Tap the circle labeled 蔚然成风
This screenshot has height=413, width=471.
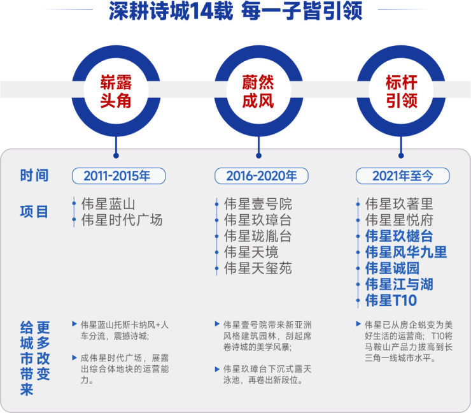(258, 91)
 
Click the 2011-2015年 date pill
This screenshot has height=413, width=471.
(119, 176)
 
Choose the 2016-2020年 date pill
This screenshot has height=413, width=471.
(262, 176)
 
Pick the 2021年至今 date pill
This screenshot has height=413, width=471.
(403, 176)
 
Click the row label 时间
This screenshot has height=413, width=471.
(34, 176)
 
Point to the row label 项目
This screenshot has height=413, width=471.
(34, 212)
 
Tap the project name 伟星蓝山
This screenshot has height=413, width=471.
(108, 205)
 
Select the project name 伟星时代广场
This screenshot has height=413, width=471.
(122, 221)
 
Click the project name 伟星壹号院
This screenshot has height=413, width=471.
(258, 205)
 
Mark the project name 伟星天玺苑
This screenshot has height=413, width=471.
(258, 268)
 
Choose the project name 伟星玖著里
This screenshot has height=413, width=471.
(399, 205)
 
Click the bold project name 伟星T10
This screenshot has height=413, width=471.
(391, 300)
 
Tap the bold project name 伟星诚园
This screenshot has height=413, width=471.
(392, 268)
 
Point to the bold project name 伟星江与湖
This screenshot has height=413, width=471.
(399, 284)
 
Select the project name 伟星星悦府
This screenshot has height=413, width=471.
(399, 221)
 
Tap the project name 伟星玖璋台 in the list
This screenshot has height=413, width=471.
(258, 221)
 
